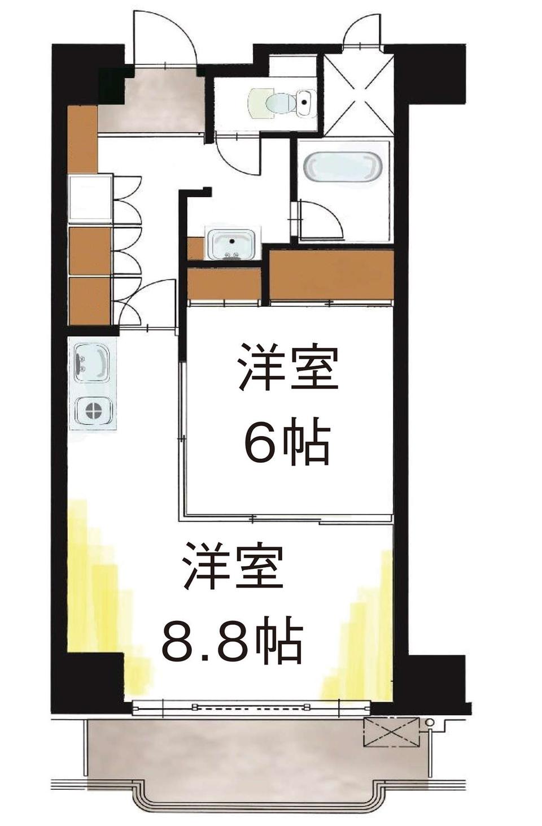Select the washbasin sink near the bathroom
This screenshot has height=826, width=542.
click(x=231, y=244)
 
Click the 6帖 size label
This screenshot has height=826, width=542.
click(x=286, y=440)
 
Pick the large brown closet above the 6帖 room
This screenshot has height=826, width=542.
click(x=331, y=275)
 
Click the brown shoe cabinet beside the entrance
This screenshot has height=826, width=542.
click(x=83, y=140)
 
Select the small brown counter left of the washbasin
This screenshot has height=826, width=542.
click(x=196, y=249)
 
